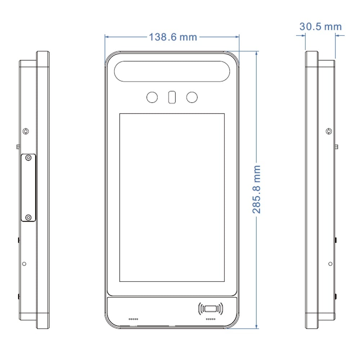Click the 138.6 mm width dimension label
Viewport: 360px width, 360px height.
point(173,37)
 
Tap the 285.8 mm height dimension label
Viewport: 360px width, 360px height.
point(256,189)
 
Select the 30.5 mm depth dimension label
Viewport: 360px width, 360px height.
point(320,26)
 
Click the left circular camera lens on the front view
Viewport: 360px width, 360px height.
point(152,97)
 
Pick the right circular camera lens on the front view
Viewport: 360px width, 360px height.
point(192,97)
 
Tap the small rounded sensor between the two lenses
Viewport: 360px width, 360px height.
point(172,97)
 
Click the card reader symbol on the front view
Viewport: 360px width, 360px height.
point(211,309)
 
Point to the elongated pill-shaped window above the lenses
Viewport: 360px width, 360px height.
point(172,71)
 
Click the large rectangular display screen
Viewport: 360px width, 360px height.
point(172,197)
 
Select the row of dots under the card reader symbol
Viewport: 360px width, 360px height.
point(211,319)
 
